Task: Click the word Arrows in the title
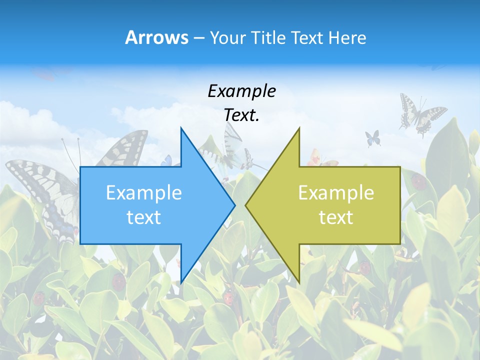[156, 37]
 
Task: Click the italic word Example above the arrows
[242, 91]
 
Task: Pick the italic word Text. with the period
[242, 115]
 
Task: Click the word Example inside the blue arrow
[144, 193]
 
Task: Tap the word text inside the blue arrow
[144, 217]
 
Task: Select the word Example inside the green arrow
[336, 193]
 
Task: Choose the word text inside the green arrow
[336, 217]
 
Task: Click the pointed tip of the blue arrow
[234, 205]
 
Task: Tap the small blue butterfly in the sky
[372, 137]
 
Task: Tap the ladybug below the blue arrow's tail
[119, 281]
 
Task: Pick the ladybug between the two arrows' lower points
[228, 298]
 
